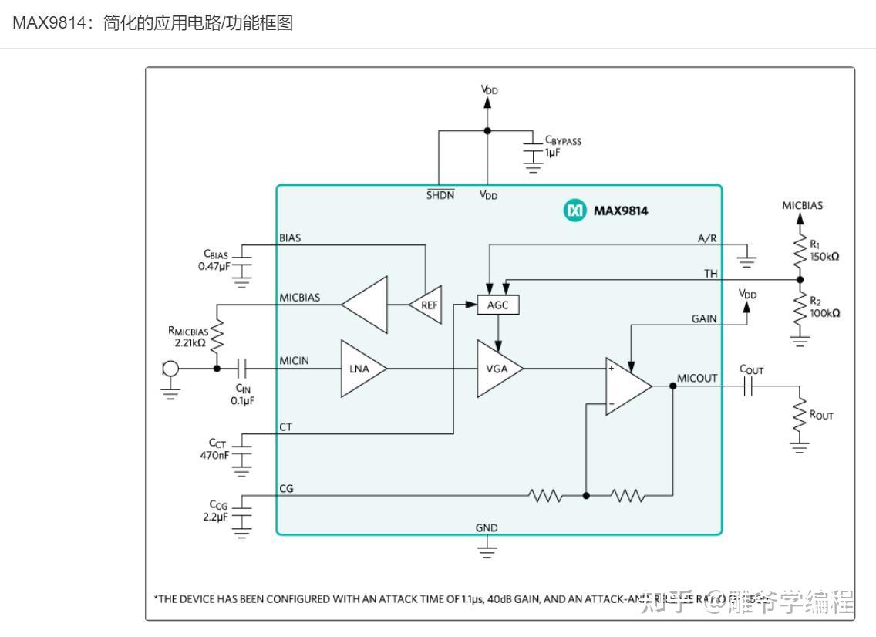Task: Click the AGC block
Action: point(498,305)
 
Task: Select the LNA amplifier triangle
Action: point(359,369)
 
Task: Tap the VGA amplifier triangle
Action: point(495,369)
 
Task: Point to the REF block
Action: point(427,305)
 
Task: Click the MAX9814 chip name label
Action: point(620,211)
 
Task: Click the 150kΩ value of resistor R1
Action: point(824,257)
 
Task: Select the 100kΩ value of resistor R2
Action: point(824,313)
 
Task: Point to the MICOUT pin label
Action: point(697,378)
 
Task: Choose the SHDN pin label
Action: point(440,195)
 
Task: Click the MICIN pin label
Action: point(295,360)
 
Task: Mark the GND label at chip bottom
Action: point(487,528)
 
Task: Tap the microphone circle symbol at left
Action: point(170,369)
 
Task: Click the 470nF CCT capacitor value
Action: point(214,454)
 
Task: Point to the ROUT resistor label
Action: point(821,415)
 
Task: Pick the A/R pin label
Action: point(706,238)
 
